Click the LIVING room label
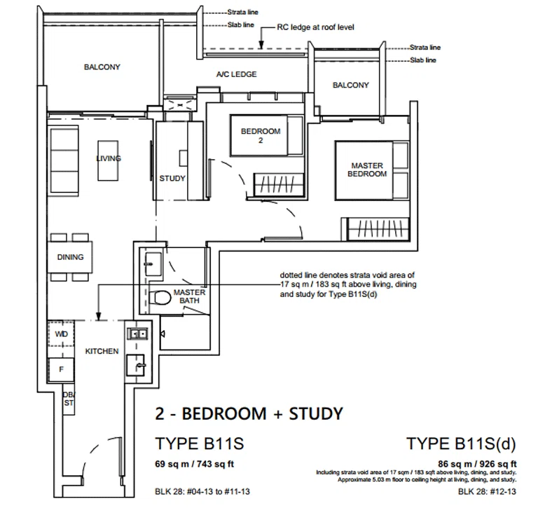point(109,158)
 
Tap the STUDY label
point(172,179)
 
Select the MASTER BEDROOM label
point(367,170)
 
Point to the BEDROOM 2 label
point(261,136)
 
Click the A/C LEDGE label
point(236,74)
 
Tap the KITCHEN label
point(102,351)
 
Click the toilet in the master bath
point(160,298)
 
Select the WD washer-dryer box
point(61,334)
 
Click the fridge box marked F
point(61,369)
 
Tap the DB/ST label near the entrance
point(69,399)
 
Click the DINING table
point(70,257)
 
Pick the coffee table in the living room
point(108,160)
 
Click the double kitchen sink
point(138,334)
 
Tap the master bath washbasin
point(153,264)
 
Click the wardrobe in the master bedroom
point(377,229)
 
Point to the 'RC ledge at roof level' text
point(315,27)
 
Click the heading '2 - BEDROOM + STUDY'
point(249,414)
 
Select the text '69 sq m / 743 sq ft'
point(194,464)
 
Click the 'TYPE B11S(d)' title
point(461,444)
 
